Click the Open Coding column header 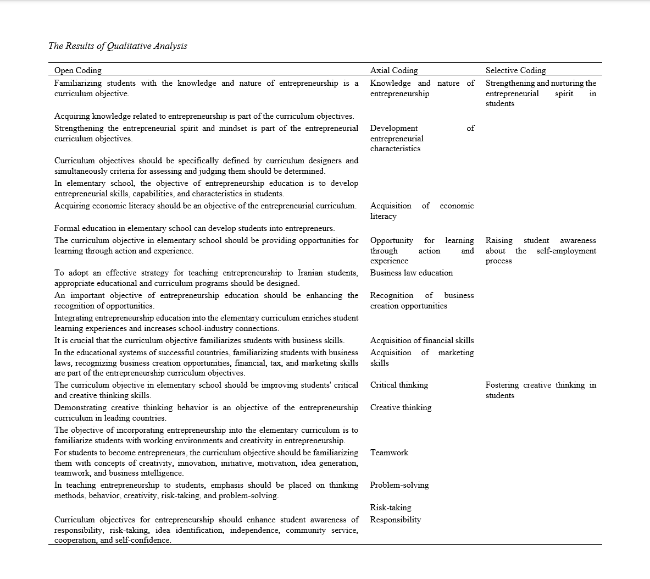(77, 70)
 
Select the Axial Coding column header (394, 70)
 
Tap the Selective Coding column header (515, 70)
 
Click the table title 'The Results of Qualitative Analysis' (118, 46)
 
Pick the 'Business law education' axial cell (411, 273)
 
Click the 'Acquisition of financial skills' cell (421, 340)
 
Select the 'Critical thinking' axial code (399, 385)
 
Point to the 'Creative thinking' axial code (401, 407)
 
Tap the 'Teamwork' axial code (389, 453)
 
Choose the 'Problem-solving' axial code (399, 485)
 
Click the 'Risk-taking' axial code (391, 508)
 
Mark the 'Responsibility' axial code (396, 520)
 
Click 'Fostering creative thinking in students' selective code (541, 390)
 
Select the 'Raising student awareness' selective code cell (541, 250)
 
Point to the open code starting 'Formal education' (194, 228)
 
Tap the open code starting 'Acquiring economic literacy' (205, 206)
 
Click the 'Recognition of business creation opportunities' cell (421, 300)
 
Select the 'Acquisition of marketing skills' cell (421, 357)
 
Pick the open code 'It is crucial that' (199, 340)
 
